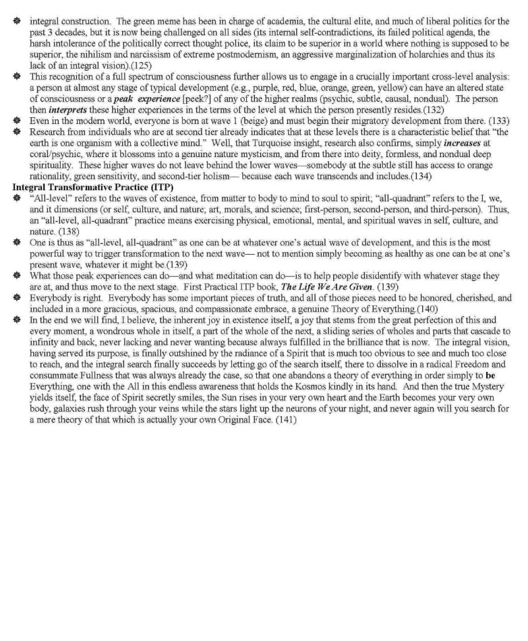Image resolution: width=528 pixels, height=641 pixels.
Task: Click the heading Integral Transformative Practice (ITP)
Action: (93, 187)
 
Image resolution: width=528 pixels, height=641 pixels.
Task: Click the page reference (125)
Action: (141, 65)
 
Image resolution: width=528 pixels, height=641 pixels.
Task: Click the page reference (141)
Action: (284, 421)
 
